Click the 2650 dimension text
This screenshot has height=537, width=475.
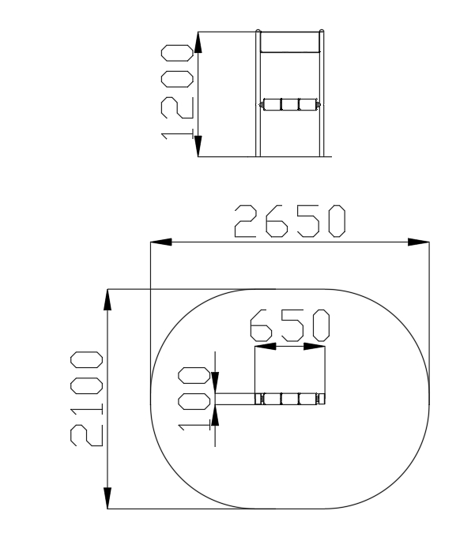click(290, 221)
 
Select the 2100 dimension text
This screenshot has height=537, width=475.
click(86, 399)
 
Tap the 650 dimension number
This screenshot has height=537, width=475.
click(290, 325)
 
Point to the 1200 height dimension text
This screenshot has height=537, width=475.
click(177, 92)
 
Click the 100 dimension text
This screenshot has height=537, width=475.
click(194, 399)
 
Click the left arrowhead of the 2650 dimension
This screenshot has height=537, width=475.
click(161, 242)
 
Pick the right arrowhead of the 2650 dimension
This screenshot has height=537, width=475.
click(418, 242)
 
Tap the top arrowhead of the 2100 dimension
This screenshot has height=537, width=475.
click(107, 299)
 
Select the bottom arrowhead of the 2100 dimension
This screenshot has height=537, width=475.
click(107, 498)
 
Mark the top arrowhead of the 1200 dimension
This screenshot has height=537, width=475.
click(198, 42)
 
